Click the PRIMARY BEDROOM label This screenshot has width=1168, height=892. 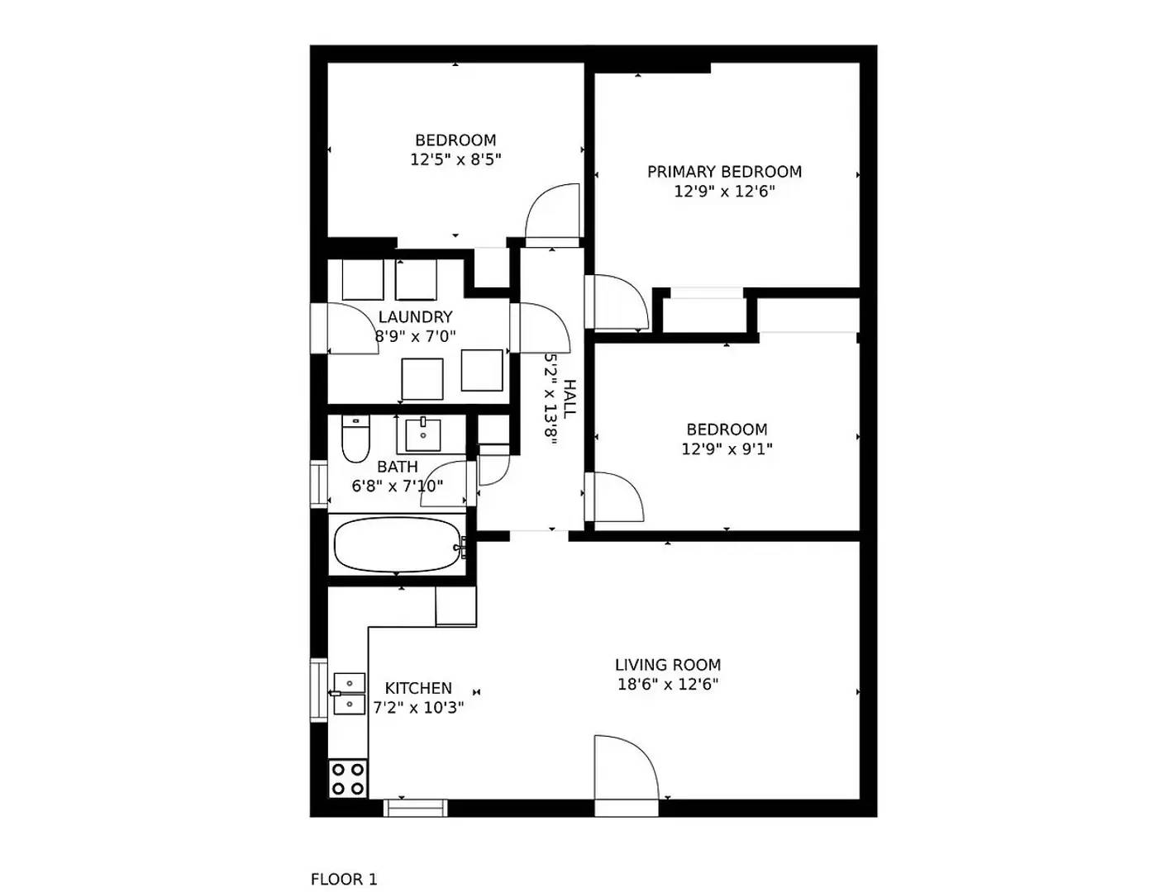coord(724,172)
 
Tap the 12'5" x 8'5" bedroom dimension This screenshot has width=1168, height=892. coord(455,159)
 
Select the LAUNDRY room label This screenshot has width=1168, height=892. coord(415,317)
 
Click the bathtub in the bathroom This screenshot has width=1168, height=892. coord(398,544)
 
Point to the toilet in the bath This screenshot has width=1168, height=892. coord(355,441)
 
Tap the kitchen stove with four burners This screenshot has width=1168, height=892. coord(348,778)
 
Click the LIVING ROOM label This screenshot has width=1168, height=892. coord(667,665)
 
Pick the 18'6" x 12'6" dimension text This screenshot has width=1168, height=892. coord(667,685)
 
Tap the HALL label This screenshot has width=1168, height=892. coord(570,399)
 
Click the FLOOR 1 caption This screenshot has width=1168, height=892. coord(343,880)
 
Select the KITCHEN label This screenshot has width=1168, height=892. coord(418,688)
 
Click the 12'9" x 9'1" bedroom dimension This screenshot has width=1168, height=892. coord(727,449)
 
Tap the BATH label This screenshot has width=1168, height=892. coord(398,467)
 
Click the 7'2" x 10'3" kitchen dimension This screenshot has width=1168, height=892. coord(418,708)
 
